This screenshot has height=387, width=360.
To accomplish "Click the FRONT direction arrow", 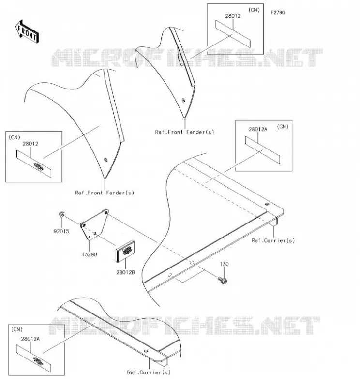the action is pyautogui.click(x=27, y=32).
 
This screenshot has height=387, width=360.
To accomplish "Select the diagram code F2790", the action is pyautogui.click(x=278, y=13).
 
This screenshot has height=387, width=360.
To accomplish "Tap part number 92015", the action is pyautogui.click(x=61, y=231).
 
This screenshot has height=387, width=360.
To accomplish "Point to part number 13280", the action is pyautogui.click(x=90, y=254).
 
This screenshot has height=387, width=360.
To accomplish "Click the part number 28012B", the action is pyautogui.click(x=126, y=272).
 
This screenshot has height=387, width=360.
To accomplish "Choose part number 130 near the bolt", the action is pyautogui.click(x=224, y=264).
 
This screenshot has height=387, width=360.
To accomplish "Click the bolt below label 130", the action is pyautogui.click(x=223, y=281).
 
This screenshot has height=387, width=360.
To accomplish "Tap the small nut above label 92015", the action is pyautogui.click(x=62, y=214).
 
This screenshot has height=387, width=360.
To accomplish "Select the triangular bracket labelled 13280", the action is pyautogui.click(x=94, y=224).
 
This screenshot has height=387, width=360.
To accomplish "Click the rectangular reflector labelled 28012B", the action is pyautogui.click(x=125, y=252).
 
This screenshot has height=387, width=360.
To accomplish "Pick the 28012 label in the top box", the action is pyautogui.click(x=233, y=16).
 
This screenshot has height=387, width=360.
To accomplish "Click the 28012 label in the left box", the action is pyautogui.click(x=30, y=144).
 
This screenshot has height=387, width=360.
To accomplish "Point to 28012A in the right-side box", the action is pyautogui.click(x=258, y=129).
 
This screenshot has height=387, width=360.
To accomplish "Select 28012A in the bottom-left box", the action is pyautogui.click(x=30, y=339).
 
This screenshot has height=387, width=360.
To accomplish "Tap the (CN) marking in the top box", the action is pyautogui.click(x=254, y=10).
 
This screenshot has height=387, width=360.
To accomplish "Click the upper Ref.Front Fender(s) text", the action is pyautogui.click(x=185, y=132).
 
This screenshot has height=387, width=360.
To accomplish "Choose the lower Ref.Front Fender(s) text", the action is pyautogui.click(x=105, y=193).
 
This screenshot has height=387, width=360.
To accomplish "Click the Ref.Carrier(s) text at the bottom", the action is pyautogui.click(x=149, y=372).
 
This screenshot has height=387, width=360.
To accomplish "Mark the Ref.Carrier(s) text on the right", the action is pyautogui.click(x=273, y=240).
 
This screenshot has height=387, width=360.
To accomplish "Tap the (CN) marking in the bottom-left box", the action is pyautogui.click(x=17, y=329).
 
